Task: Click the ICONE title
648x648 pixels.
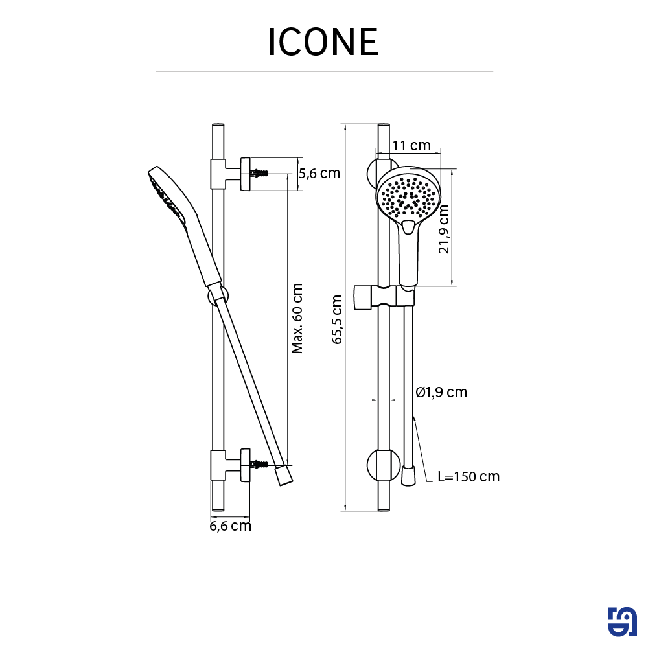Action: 323,42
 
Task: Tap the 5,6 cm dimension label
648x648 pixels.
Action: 319,173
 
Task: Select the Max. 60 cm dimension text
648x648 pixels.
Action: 297,318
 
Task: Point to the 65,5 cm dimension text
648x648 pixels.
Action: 337,318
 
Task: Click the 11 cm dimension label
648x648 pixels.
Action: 411,145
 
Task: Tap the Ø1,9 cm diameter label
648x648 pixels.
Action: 441,392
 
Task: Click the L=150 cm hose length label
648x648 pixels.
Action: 468,477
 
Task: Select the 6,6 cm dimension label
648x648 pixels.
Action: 230,526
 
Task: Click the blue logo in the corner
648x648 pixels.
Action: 622,623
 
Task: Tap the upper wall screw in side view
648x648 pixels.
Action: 260,174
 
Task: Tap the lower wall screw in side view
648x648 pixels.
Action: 260,465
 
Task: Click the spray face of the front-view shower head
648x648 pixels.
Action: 408,195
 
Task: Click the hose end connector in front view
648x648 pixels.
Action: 408,476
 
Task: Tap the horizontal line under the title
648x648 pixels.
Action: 324,71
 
